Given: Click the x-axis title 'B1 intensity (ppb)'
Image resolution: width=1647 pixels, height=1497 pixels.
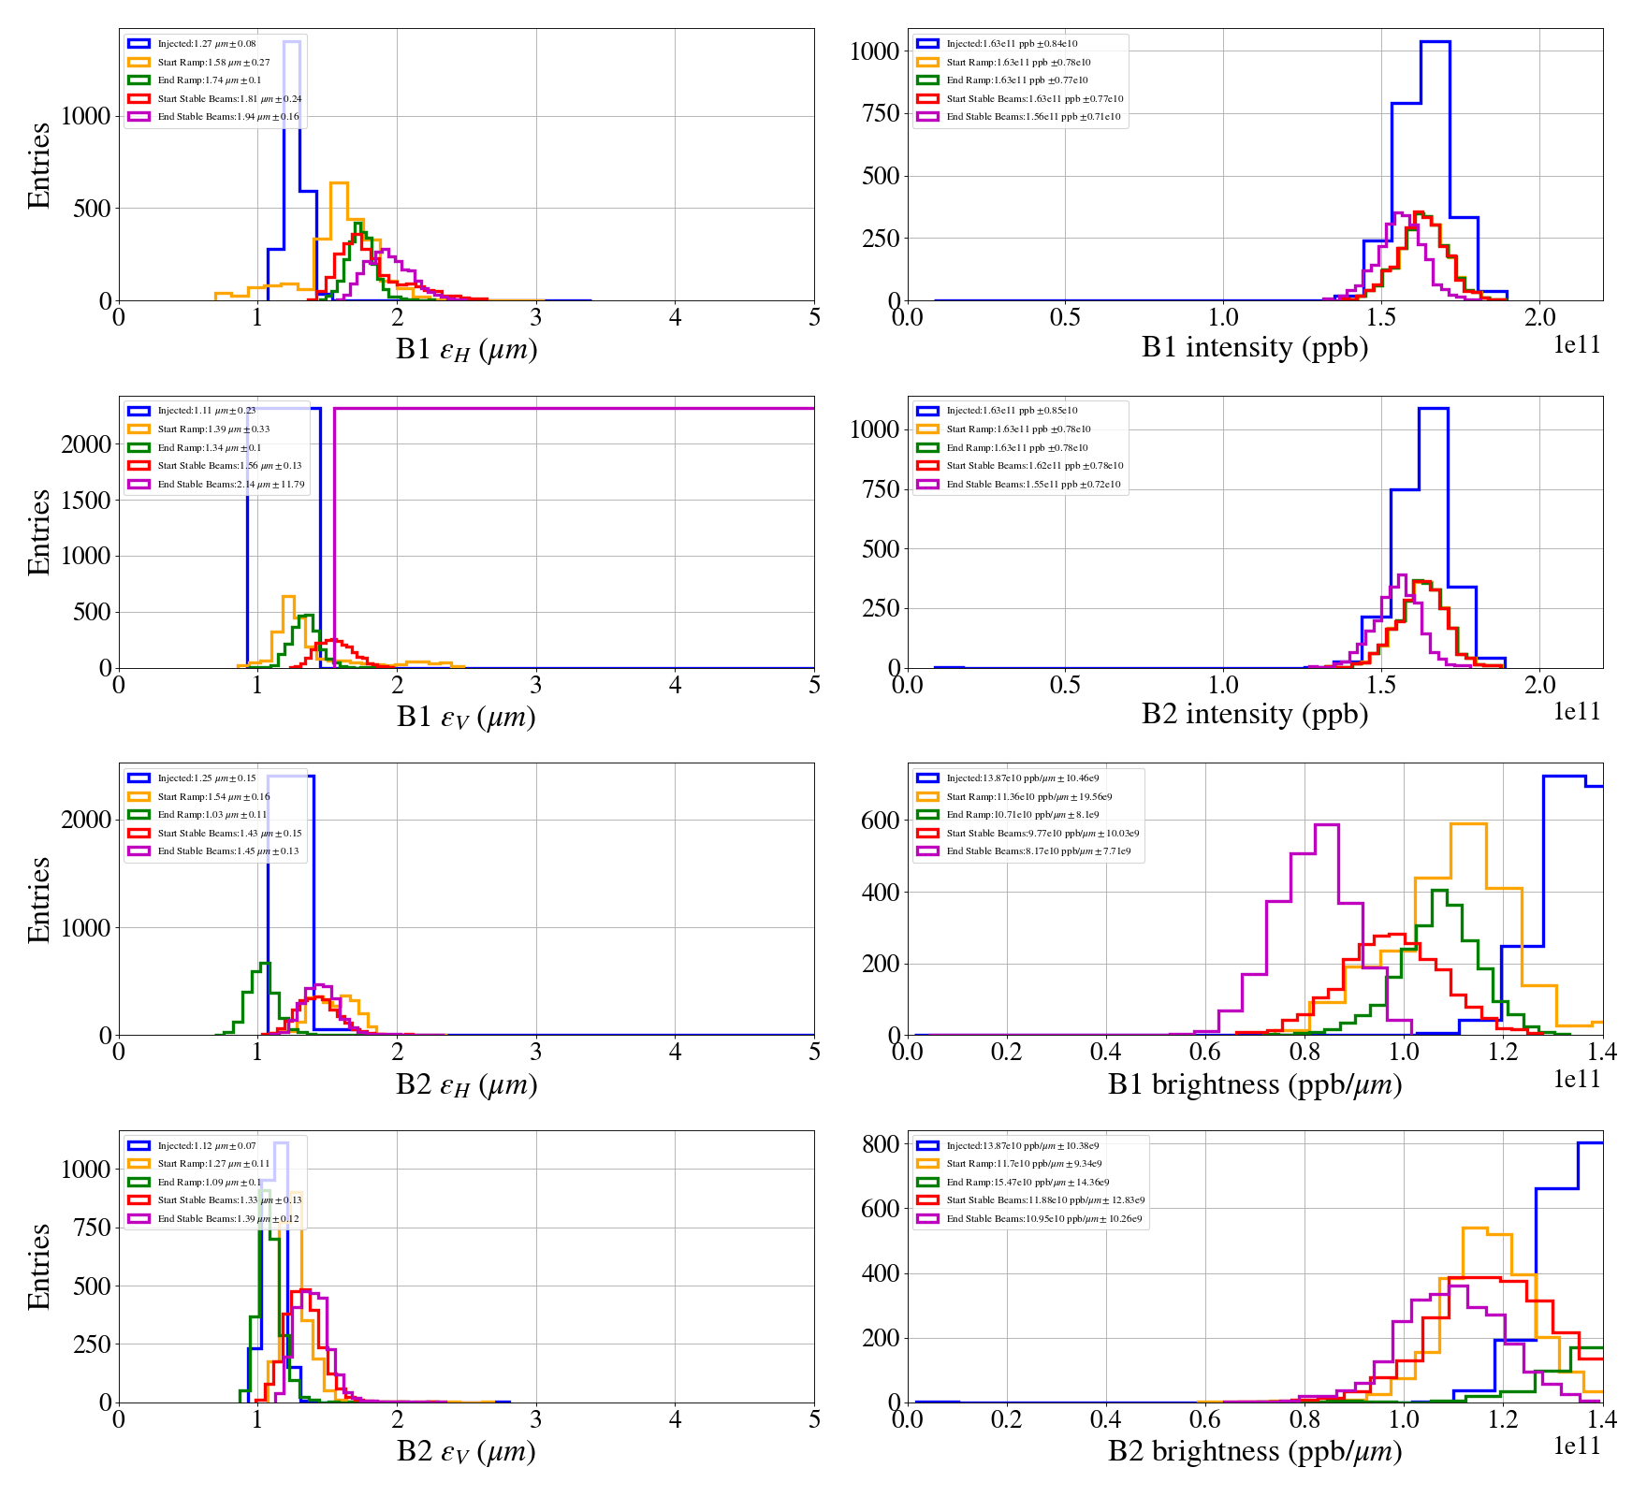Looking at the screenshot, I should pyautogui.click(x=1254, y=347).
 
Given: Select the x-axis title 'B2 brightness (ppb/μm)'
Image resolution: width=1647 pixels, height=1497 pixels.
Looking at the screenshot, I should pyautogui.click(x=1254, y=1451).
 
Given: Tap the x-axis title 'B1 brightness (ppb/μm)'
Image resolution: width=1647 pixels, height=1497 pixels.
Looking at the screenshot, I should pyautogui.click(x=1254, y=1084).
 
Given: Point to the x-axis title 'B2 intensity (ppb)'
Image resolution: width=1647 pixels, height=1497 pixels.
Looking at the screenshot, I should pyautogui.click(x=1254, y=714).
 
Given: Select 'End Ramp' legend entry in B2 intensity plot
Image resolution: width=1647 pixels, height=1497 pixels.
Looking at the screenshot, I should pyautogui.click(x=1016, y=447).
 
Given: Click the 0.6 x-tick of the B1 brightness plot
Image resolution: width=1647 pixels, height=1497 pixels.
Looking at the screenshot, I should pyautogui.click(x=1205, y=1052).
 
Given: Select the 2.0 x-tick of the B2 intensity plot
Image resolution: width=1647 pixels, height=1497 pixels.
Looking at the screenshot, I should pyautogui.click(x=1540, y=685).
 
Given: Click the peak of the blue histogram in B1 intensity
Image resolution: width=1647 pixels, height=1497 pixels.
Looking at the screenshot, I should pyautogui.click(x=1435, y=42).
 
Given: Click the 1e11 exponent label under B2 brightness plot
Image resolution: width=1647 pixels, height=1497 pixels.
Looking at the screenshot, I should pyautogui.click(x=1578, y=1446).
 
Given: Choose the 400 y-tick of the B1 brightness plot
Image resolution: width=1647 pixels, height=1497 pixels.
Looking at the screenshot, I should pyautogui.click(x=880, y=892).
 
